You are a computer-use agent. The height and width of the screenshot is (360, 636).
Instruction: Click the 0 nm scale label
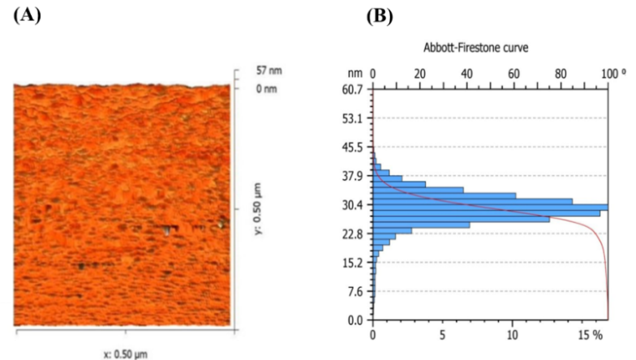tap(266, 88)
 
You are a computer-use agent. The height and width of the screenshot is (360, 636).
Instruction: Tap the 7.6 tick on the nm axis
tap(355, 291)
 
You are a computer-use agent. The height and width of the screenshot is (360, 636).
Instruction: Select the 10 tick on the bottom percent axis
tap(513, 333)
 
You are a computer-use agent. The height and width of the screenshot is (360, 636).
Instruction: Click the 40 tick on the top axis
tap(466, 73)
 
